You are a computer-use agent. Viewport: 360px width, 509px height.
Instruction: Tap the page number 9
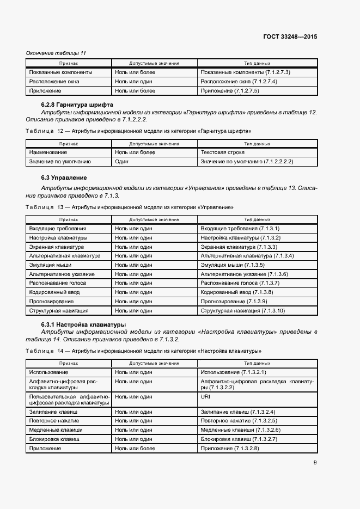315,463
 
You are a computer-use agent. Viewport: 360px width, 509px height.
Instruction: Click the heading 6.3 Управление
64,178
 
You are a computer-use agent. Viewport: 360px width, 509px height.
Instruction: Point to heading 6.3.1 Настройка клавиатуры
83,324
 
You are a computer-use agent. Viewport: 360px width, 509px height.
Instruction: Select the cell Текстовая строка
222,152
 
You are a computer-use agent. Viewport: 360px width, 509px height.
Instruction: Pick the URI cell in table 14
205,397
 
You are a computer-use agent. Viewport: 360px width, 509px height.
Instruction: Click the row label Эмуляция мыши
54,265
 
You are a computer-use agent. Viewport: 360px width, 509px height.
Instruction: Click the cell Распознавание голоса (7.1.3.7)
240,283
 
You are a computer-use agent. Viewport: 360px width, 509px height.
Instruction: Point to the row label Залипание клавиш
53,412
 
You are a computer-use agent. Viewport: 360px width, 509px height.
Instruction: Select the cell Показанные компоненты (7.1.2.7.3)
245,72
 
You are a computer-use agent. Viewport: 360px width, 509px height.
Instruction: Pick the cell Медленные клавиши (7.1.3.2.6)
240,430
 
